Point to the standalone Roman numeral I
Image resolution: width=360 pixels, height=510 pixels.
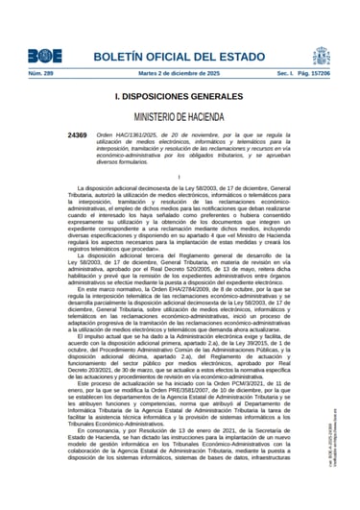180,178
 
